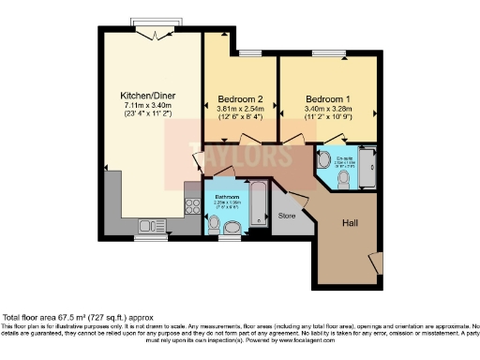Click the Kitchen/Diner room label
click(145, 96)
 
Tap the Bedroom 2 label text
click(240, 98)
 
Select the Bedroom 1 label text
click(328, 97)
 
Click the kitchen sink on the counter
click(150, 225)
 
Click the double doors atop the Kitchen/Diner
click(155, 32)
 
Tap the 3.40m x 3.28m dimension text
click(328, 108)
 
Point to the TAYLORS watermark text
click(239, 156)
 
